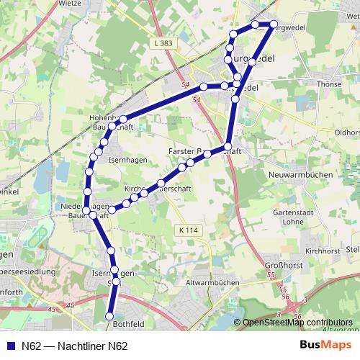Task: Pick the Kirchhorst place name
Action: (x=322, y=251)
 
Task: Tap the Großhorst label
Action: (x=271, y=264)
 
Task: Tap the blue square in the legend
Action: (x=9, y=346)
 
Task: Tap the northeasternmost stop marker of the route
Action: (x=274, y=25)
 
